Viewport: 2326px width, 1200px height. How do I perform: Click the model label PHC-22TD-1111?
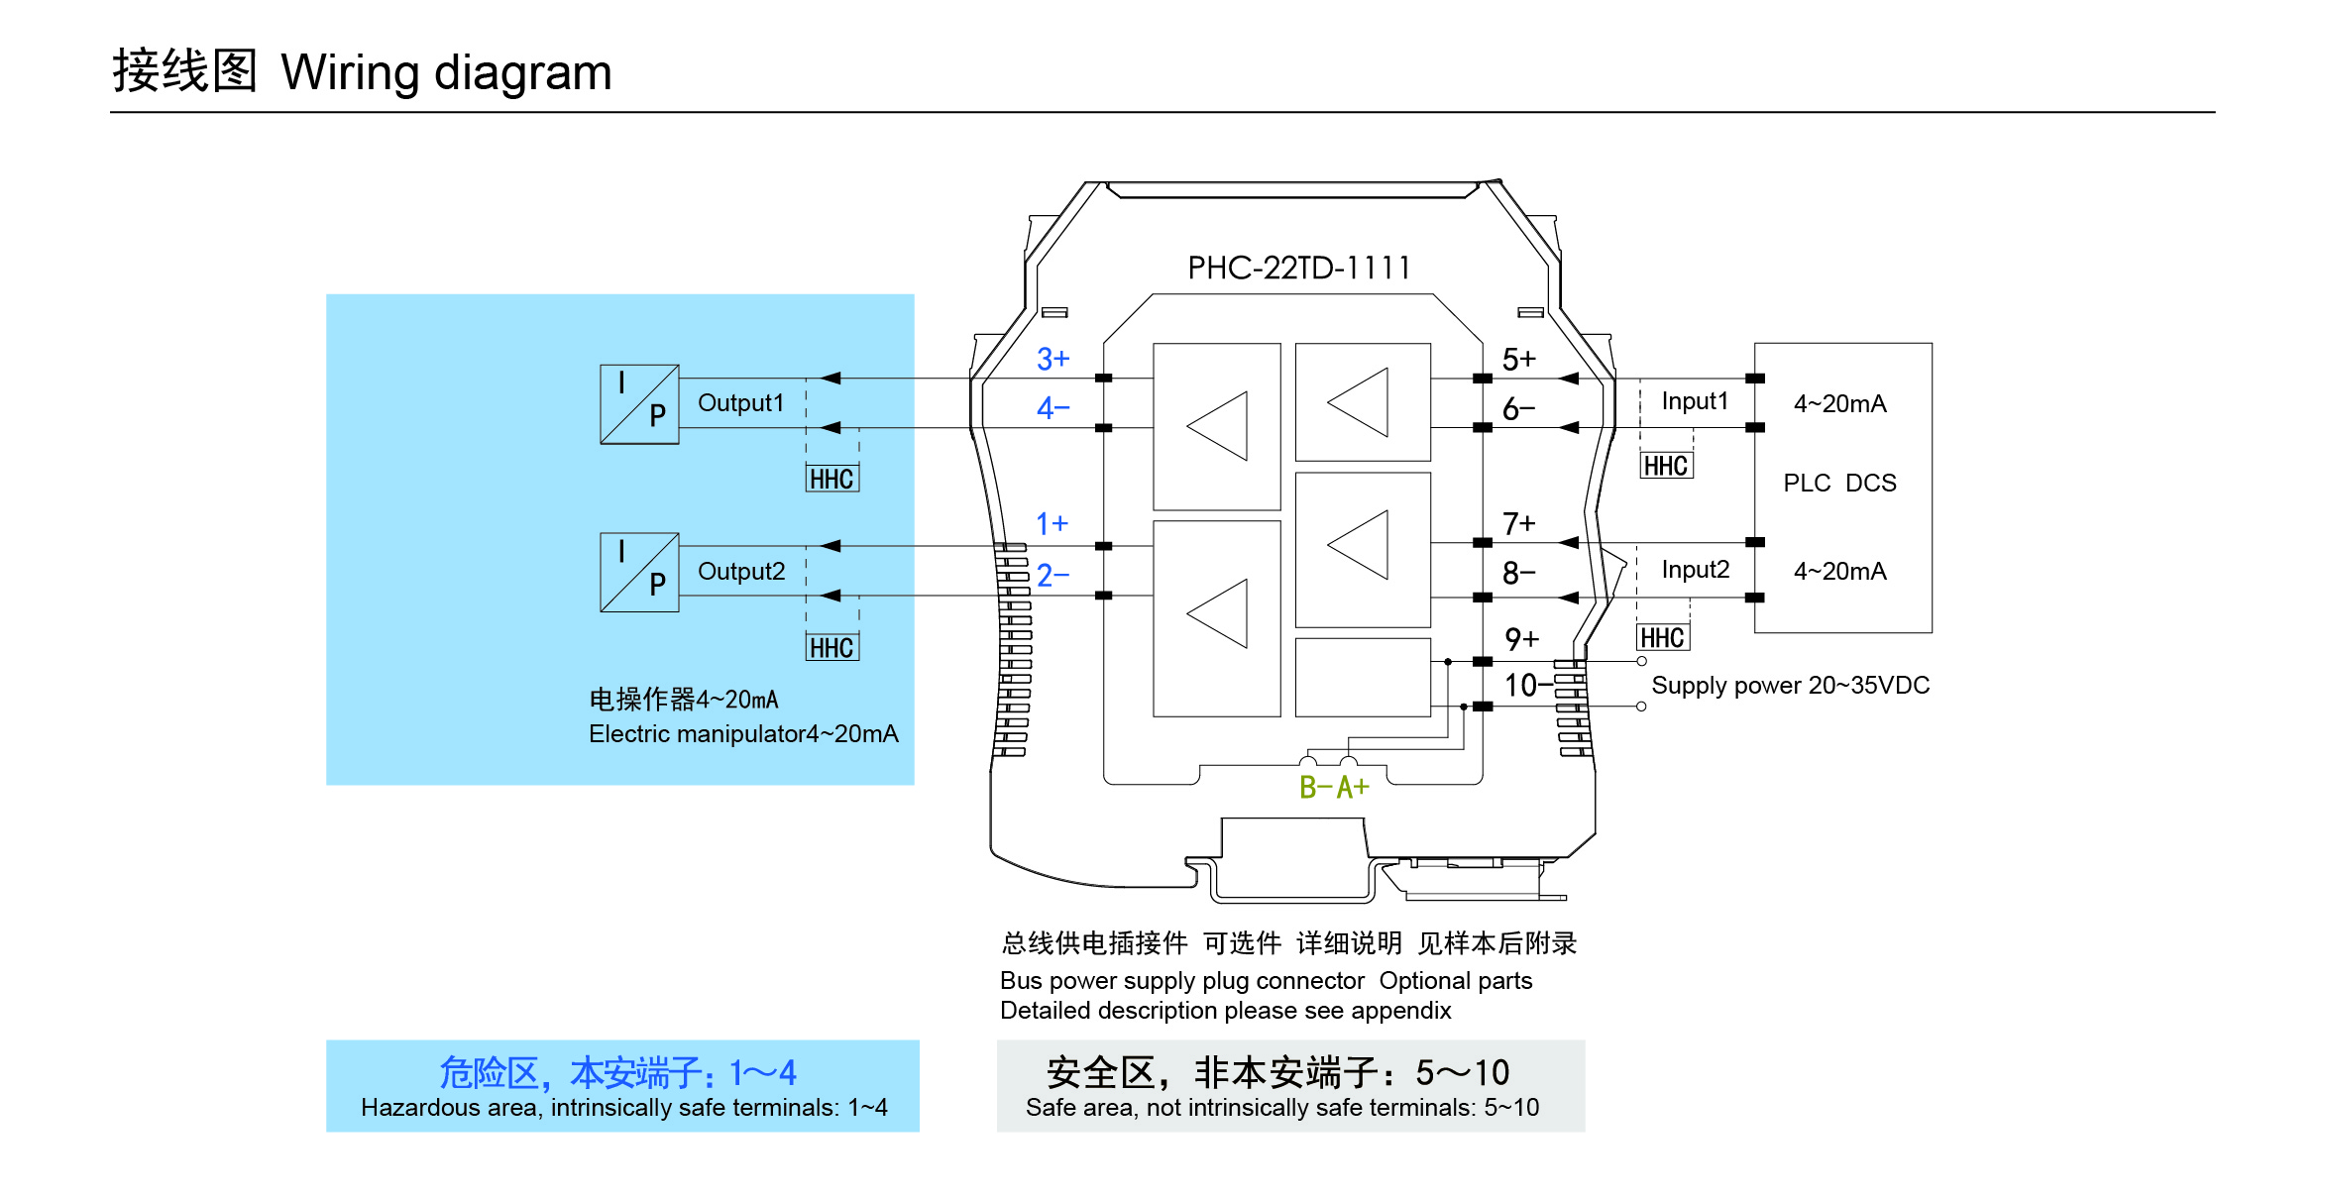click(1298, 268)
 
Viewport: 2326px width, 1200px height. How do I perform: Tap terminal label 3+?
click(1052, 359)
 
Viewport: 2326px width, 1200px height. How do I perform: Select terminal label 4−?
click(1052, 407)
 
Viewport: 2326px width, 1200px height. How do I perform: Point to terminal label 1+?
click(1052, 523)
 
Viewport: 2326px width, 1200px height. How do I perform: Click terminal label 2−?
click(1052, 575)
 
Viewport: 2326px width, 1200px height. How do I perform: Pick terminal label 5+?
click(1518, 359)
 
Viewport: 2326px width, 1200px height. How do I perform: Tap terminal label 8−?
click(1518, 573)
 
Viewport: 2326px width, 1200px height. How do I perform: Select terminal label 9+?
click(1521, 639)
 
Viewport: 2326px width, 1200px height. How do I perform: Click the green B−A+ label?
click(1334, 788)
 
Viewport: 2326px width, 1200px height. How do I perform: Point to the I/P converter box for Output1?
click(639, 404)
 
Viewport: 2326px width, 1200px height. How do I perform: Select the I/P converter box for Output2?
click(639, 573)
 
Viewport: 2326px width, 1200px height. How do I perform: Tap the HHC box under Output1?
click(831, 479)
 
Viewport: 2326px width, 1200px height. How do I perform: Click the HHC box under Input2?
click(1662, 637)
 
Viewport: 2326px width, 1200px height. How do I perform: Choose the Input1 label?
click(1695, 401)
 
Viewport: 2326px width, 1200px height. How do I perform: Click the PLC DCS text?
click(1839, 483)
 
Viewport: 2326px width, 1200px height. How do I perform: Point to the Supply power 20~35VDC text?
click(1790, 685)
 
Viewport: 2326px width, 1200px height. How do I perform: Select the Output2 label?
click(741, 572)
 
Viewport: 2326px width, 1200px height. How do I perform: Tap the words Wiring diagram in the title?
click(446, 72)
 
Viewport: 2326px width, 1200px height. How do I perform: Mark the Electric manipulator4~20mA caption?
click(743, 733)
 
